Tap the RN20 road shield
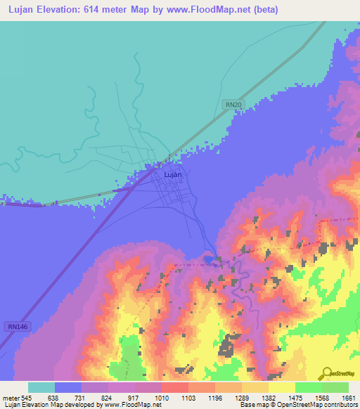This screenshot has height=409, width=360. (x=233, y=104)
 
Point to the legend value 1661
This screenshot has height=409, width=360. (x=348, y=398)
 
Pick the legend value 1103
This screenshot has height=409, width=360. (x=188, y=398)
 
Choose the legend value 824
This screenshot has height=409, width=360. (x=108, y=398)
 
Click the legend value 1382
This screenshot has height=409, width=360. (x=268, y=398)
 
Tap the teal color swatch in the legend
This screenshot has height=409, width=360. (x=41, y=387)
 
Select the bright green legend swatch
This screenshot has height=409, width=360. (x=308, y=387)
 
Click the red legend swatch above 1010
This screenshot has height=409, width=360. (x=174, y=387)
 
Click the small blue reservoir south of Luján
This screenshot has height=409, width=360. (x=208, y=260)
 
